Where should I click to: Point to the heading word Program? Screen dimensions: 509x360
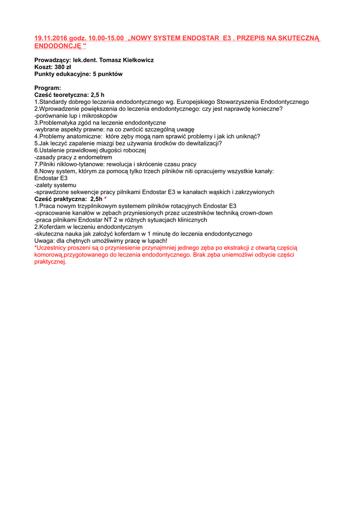click(47, 88)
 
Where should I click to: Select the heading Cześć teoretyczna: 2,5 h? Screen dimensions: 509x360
click(69, 95)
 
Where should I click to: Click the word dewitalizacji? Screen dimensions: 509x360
click(201, 144)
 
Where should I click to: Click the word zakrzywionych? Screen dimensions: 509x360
click(253, 192)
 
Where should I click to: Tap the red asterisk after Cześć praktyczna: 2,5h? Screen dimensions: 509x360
click(105, 199)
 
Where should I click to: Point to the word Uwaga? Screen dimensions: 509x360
click(44, 241)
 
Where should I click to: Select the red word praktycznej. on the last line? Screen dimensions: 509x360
click(50, 262)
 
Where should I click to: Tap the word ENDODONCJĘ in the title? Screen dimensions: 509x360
click(57, 46)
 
